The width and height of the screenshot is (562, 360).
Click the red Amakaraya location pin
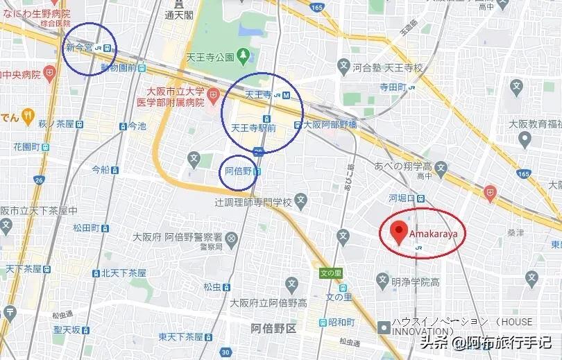click(x=398, y=232)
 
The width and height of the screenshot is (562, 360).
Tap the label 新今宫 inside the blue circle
click(x=79, y=48)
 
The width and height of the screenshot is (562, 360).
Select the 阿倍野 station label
click(x=237, y=170)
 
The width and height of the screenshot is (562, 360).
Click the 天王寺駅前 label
click(x=253, y=128)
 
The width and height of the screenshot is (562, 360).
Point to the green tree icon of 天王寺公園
click(x=243, y=55)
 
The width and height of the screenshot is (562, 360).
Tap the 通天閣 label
click(x=178, y=14)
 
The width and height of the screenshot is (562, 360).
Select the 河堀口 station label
click(x=402, y=198)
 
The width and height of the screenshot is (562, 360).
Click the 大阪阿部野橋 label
click(x=329, y=125)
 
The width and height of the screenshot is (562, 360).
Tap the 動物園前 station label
click(x=120, y=68)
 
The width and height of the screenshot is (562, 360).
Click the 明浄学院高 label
click(x=416, y=282)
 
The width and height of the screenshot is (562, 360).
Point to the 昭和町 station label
click(x=341, y=323)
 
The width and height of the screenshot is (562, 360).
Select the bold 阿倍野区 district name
click(x=273, y=328)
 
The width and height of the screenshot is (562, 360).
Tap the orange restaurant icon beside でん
click(x=28, y=116)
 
